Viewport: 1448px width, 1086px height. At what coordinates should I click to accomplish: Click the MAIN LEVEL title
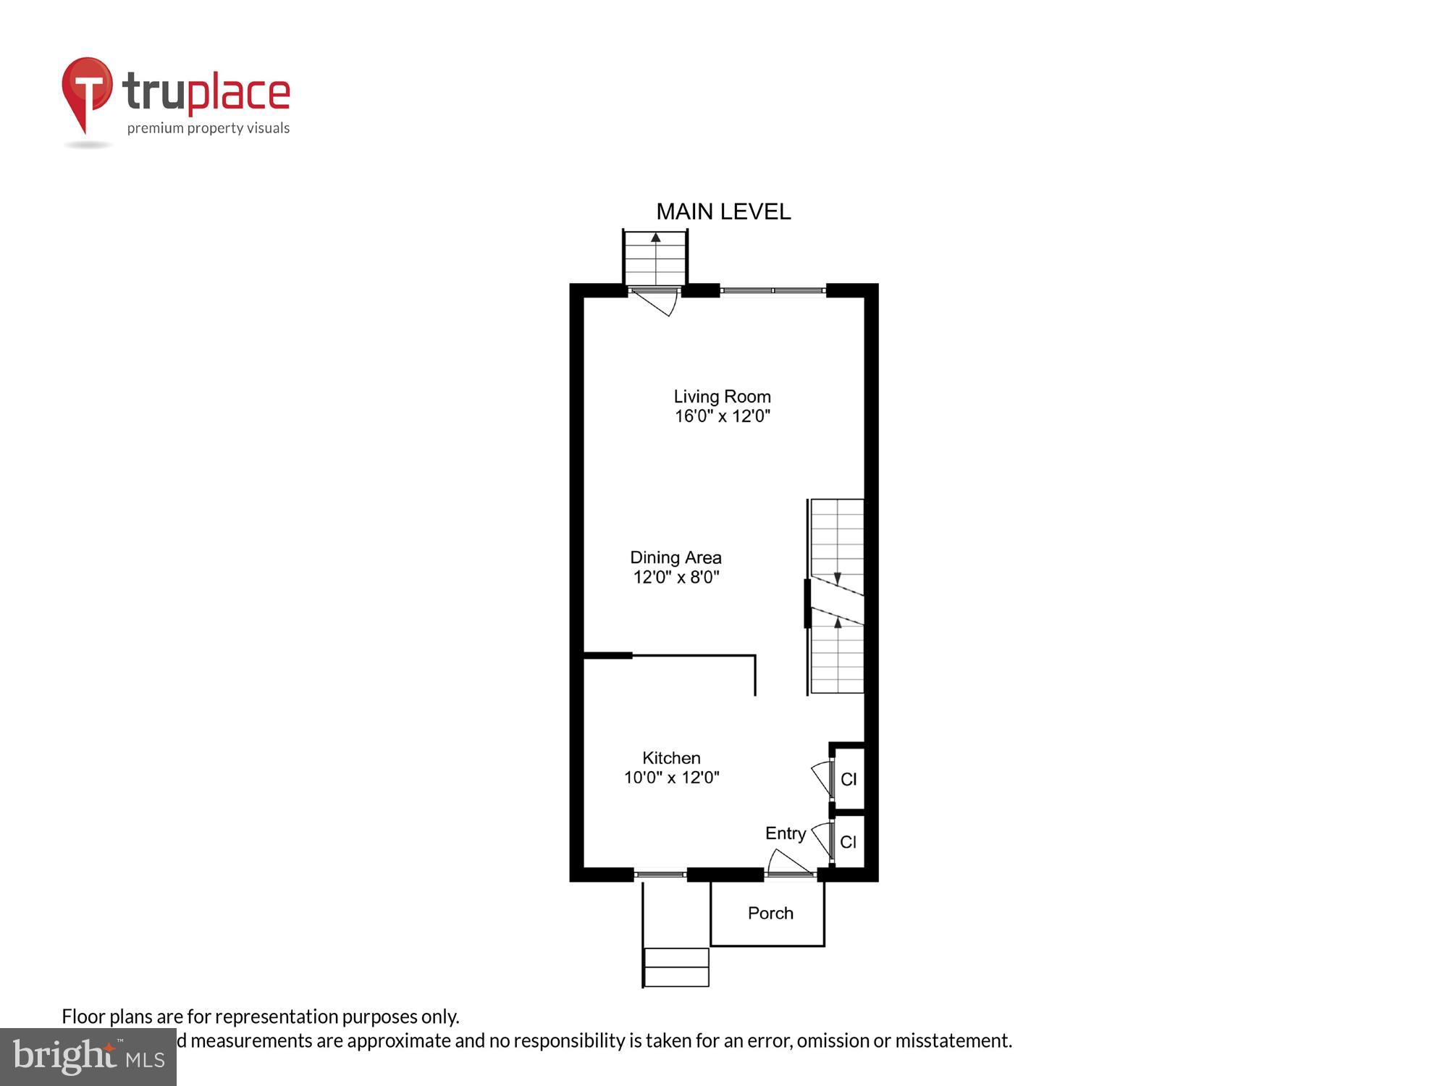(723, 211)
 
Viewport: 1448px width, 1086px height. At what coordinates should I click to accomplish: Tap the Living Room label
(722, 397)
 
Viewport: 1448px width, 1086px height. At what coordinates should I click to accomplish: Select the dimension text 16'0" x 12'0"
(722, 416)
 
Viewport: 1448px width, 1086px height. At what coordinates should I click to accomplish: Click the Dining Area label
(675, 557)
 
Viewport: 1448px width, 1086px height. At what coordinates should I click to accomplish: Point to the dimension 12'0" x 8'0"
(675, 577)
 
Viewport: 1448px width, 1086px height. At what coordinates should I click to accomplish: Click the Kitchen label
(671, 758)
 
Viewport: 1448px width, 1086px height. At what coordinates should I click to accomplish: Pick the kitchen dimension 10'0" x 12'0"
(671, 778)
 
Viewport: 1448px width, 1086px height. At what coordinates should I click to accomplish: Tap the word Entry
(786, 833)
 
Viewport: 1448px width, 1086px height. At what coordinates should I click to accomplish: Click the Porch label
(770, 913)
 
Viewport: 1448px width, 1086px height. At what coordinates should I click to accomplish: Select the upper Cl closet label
(849, 779)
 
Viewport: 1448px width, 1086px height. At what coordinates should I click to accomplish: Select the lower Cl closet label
(849, 842)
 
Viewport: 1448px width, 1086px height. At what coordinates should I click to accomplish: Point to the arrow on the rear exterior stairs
(655, 237)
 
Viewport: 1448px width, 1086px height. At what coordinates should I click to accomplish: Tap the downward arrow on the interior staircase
(838, 578)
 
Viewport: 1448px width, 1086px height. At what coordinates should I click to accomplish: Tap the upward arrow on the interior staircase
(838, 622)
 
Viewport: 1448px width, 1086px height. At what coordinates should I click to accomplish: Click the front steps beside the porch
(675, 967)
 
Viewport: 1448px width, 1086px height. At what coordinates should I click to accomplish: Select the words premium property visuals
(209, 129)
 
